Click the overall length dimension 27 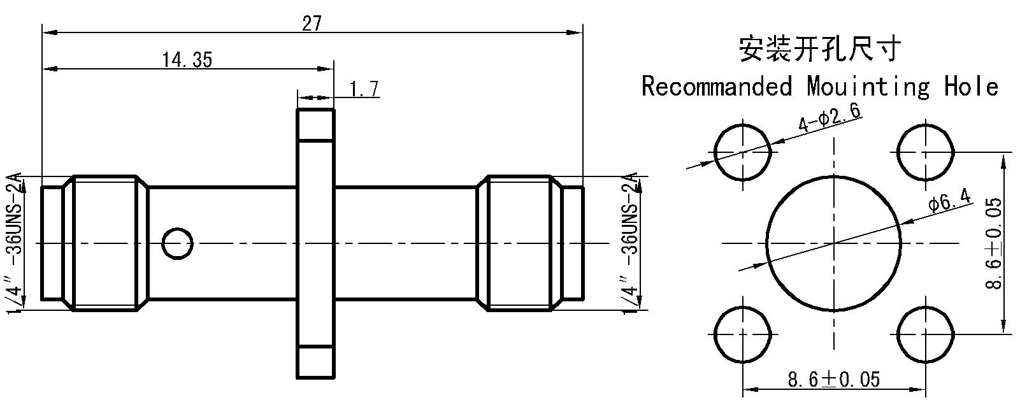pos(312,23)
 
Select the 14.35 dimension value pos(187,60)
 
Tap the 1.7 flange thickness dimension pos(364,89)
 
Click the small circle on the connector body pos(178,243)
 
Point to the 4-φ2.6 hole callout pos(830,117)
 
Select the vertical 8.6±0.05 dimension pos(994,243)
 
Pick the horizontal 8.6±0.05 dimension pos(834,379)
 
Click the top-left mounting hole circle pos(743,152)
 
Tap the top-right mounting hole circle pos(926,152)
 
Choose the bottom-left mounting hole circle pos(743,335)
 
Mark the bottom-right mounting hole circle pos(926,335)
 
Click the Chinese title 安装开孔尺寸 pos(820,48)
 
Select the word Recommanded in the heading pos(717,86)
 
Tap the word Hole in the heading pos(972,86)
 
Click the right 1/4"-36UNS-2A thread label pos(630,243)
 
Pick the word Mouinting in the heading pos(868,87)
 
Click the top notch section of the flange pos(315,125)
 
